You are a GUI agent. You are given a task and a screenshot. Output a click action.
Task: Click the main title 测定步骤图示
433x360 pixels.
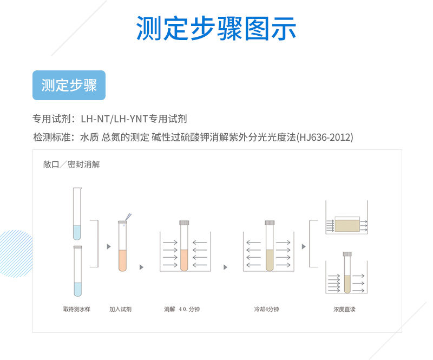(x=216, y=29)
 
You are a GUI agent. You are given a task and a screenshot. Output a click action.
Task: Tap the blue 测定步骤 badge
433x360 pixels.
(x=69, y=86)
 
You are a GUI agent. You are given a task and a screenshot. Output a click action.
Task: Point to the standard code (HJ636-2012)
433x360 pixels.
(x=325, y=137)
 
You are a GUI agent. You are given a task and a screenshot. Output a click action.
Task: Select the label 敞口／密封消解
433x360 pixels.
(x=71, y=164)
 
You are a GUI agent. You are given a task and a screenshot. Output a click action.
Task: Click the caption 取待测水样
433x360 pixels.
(x=76, y=310)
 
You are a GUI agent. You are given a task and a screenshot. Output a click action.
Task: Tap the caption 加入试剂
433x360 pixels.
(x=120, y=310)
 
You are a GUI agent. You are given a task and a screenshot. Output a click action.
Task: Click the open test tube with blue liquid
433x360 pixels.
(x=76, y=214)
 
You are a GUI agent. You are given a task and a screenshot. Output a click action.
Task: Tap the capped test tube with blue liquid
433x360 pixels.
(x=77, y=271)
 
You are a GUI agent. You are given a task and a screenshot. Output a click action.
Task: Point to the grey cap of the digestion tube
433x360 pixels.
(x=184, y=222)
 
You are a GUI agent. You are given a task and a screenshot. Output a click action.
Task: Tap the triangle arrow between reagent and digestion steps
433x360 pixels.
(x=141, y=267)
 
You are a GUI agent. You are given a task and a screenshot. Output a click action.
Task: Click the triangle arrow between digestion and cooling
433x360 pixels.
(x=225, y=267)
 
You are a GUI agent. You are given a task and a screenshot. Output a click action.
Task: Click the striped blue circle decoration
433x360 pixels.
(x=15, y=253)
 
